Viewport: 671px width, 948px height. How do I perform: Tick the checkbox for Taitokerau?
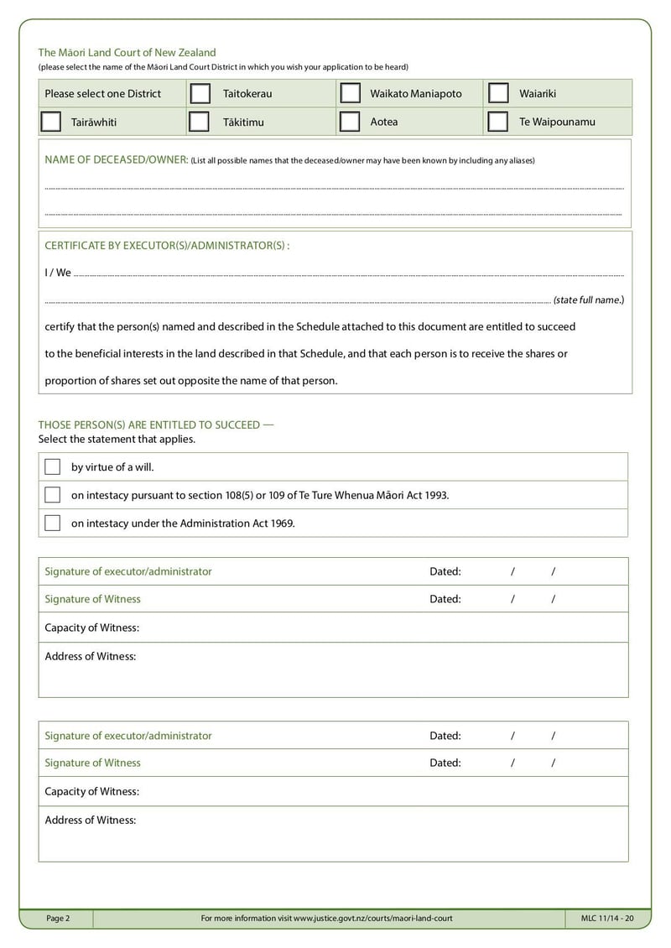point(200,93)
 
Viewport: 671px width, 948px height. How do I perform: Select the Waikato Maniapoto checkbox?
point(351,93)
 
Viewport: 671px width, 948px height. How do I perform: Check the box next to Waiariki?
point(498,93)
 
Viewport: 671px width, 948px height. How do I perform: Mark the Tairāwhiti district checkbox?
point(51,122)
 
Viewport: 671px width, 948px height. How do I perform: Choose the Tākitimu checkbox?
point(200,122)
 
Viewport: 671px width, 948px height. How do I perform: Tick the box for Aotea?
point(351,122)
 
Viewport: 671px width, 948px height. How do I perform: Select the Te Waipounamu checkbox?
point(498,122)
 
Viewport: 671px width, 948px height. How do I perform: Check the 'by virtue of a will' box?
point(53,467)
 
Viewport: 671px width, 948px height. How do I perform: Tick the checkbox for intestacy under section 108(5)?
point(53,495)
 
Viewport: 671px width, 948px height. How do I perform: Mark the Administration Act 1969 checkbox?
point(53,523)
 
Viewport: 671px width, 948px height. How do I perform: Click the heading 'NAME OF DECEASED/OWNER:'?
point(116,159)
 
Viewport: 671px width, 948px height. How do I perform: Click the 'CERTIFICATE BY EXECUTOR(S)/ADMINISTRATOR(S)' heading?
point(166,245)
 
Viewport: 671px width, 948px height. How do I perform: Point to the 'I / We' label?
point(58,273)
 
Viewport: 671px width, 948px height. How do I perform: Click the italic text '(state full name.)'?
point(588,300)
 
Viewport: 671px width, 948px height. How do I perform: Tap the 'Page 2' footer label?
point(58,918)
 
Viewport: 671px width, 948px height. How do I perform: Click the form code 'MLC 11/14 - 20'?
point(607,918)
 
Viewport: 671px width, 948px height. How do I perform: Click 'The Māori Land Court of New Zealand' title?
point(127,52)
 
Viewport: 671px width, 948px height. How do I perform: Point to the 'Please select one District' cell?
point(102,93)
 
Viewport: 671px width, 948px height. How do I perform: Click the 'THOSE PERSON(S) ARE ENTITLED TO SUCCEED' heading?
point(155,425)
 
